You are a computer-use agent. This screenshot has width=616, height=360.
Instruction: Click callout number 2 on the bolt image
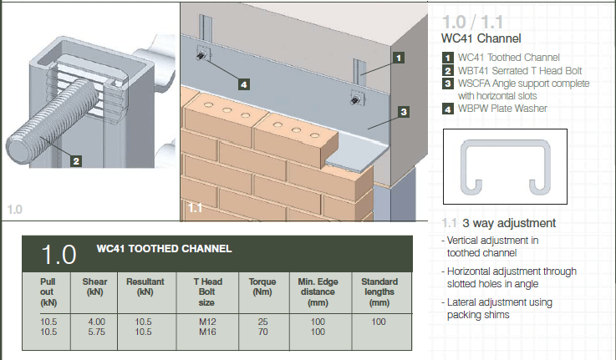75,161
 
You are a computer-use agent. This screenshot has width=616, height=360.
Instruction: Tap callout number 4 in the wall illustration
242,84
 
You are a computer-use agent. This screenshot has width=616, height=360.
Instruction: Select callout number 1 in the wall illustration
400,58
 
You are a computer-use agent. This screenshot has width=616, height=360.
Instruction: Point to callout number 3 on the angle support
403,111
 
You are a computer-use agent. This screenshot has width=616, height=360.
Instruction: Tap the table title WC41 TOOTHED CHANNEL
164,249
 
